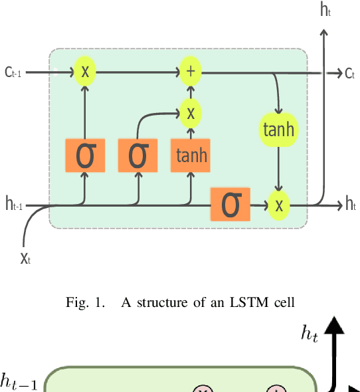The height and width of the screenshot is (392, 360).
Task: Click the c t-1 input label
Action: pos(13,72)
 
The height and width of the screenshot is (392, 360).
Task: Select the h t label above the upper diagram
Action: pos(325,9)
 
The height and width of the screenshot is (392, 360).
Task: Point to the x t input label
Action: pos(26,258)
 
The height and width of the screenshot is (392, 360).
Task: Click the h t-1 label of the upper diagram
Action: pos(14,205)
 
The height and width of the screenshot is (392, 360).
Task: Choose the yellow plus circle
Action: pos(191,71)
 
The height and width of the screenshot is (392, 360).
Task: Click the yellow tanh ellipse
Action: pos(279,130)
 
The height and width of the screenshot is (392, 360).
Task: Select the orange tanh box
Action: pos(191,155)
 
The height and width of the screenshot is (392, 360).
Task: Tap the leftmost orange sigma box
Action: pos(85,155)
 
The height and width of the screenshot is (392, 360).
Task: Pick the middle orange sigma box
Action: pos(137,155)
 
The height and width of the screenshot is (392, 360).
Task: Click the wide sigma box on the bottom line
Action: pos(230,205)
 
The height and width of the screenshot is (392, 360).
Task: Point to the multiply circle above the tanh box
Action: pos(191,113)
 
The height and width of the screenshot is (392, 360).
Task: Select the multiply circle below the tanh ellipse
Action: pos(279,205)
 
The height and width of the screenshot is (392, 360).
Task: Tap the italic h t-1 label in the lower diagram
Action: pos(18,381)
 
